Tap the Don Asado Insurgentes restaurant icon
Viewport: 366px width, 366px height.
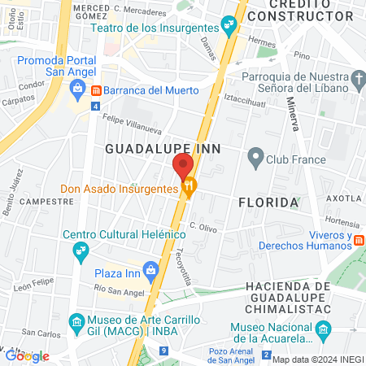coord(190,189)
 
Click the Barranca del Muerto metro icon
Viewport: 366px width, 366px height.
coord(96,89)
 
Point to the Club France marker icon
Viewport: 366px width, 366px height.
coord(256,159)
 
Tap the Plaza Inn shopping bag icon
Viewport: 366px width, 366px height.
coord(150,270)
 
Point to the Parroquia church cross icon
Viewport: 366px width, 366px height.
coord(359,79)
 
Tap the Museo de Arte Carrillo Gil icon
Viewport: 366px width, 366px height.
coord(77,320)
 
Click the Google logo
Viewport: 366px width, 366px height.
coord(27,355)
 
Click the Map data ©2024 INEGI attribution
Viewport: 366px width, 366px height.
coord(317,359)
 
